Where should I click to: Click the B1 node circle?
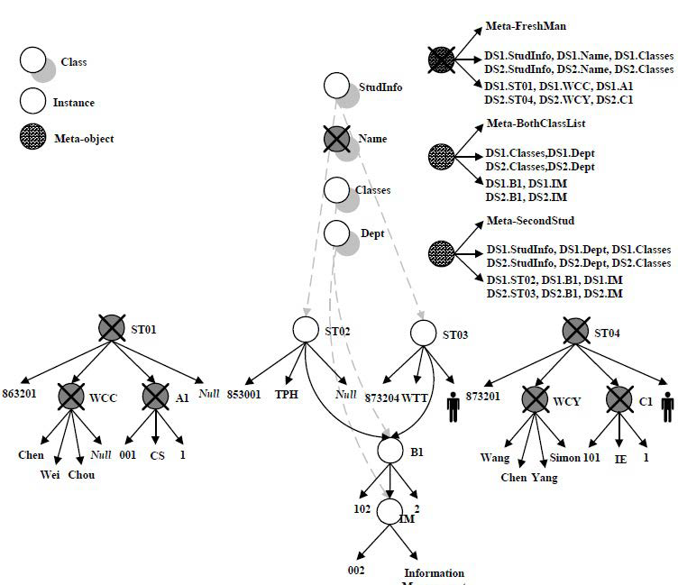coord(389,448)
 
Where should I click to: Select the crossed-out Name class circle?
coord(336,139)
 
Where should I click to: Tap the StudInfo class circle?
coord(336,87)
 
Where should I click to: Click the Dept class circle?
coord(336,233)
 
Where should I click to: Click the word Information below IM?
coord(434,572)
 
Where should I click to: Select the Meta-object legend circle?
coord(33,139)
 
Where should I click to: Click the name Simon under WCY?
coord(578,458)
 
